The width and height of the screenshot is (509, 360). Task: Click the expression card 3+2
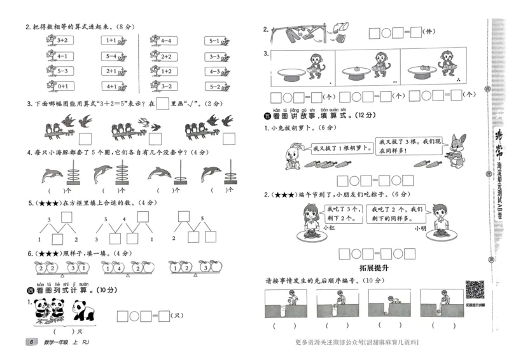click(x=62, y=40)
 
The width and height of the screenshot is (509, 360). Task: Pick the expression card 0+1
click(x=62, y=86)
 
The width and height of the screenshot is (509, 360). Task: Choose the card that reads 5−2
click(x=214, y=86)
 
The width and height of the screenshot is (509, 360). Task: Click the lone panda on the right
click(x=83, y=310)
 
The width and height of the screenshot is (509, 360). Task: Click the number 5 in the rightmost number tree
click(x=202, y=218)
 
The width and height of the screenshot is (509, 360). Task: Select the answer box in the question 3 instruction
click(x=163, y=103)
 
